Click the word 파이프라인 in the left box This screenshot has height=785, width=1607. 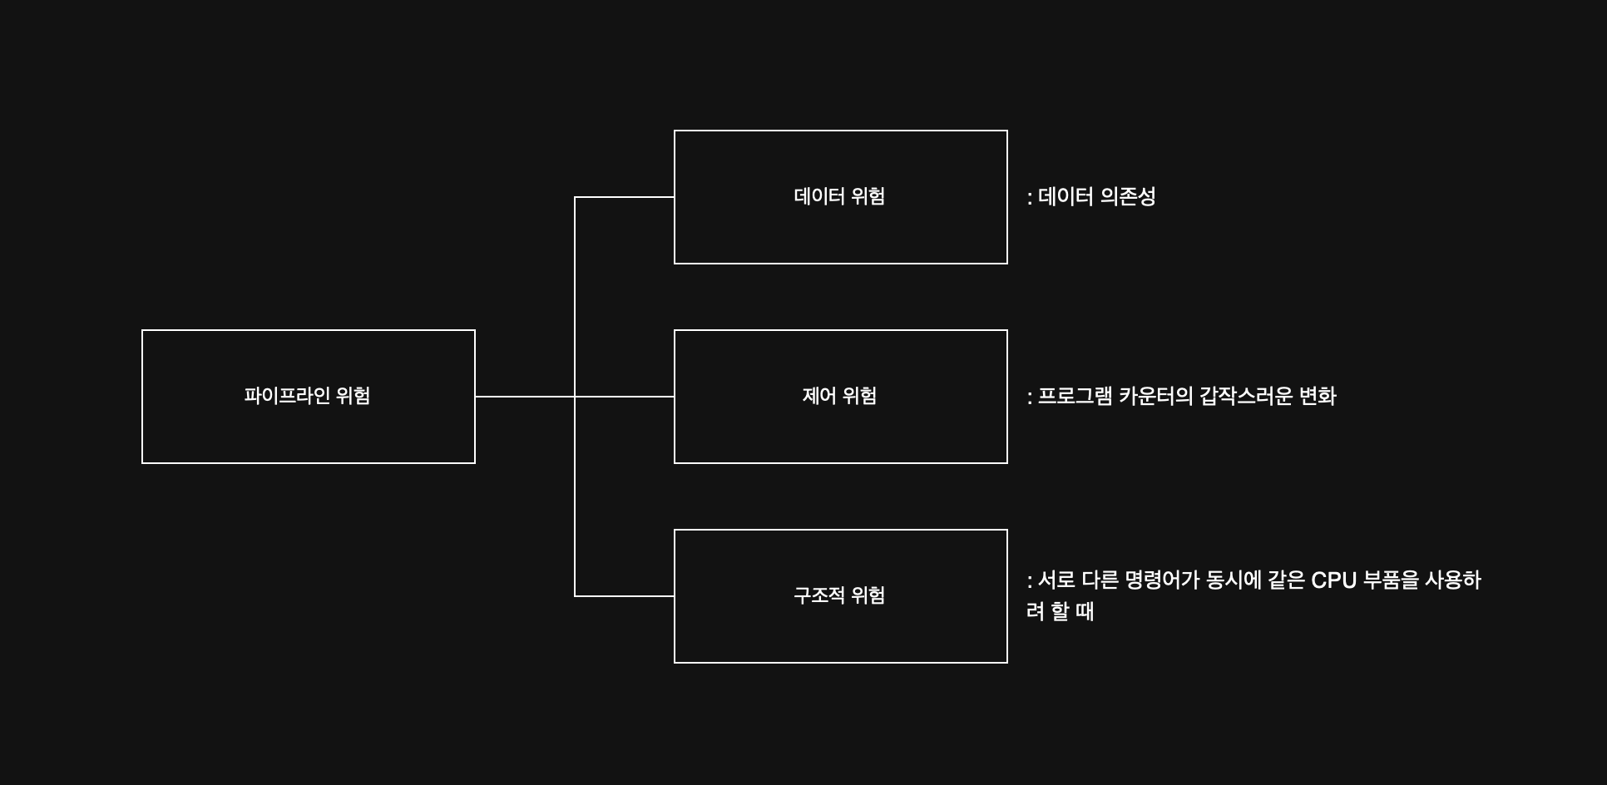coord(287,396)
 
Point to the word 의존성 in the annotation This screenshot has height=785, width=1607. coord(1128,197)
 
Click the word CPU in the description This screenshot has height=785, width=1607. coord(1333,580)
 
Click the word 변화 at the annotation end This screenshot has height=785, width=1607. coord(1318,397)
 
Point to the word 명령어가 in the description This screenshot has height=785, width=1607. coord(1161,580)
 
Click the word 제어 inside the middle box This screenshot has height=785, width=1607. coord(818,397)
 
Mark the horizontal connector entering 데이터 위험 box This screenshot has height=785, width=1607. coord(624,197)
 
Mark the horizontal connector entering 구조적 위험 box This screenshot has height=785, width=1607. coord(624,596)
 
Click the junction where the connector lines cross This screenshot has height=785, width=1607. coord(575,397)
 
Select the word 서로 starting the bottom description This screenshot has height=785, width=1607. coord(1056,580)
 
